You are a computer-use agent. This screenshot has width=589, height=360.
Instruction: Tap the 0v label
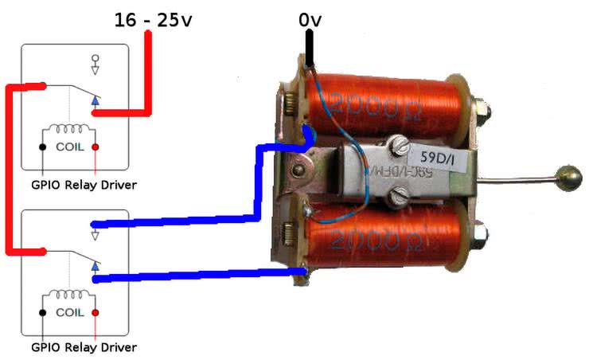click(x=310, y=18)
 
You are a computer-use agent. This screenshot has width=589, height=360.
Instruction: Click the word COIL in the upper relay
click(x=69, y=147)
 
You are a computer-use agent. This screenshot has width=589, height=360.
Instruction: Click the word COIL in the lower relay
click(x=69, y=313)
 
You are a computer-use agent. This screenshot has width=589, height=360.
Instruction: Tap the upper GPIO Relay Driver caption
click(x=83, y=186)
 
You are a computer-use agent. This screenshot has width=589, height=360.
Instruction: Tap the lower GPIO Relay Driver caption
click(x=83, y=348)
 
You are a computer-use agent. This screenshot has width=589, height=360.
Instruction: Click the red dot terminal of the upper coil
click(x=96, y=147)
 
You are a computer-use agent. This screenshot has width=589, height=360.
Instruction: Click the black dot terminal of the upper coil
click(x=41, y=147)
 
